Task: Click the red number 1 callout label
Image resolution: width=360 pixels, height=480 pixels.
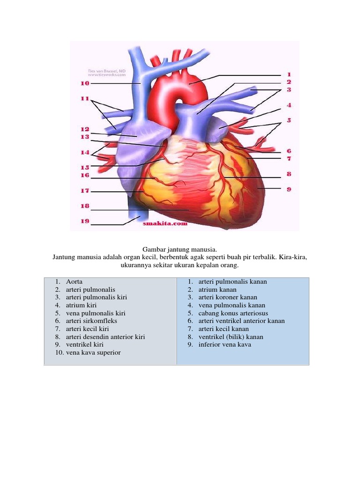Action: click(289, 75)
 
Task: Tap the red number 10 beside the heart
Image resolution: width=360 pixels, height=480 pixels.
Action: click(84, 83)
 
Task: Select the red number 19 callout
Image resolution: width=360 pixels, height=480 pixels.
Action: click(84, 221)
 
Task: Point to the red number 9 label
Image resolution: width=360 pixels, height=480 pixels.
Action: click(289, 189)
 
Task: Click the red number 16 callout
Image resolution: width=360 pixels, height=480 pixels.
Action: click(84, 175)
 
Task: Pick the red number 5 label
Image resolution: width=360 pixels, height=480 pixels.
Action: click(289, 120)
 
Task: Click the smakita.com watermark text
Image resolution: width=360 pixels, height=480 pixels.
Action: click(165, 224)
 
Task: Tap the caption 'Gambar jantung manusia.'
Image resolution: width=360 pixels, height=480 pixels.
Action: click(180, 250)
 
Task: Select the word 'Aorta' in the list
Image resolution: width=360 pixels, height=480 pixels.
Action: click(75, 282)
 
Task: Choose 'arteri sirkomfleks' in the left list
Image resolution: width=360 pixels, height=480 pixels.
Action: click(92, 321)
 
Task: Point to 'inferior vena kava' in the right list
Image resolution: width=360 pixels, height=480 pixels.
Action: click(225, 345)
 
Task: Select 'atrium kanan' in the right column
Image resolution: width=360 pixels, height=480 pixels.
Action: click(217, 290)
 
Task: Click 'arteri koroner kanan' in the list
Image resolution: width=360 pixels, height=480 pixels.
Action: click(228, 297)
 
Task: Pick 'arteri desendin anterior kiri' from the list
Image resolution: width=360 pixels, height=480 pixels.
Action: click(105, 337)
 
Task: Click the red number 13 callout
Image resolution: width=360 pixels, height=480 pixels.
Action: click(84, 137)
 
